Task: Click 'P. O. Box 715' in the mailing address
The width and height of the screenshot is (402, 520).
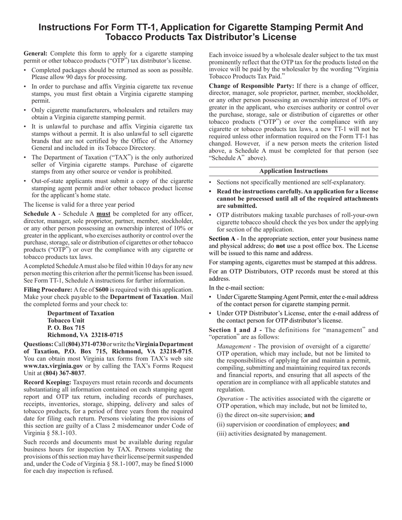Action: (66, 328)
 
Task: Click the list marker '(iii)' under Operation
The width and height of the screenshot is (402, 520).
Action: (222, 433)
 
